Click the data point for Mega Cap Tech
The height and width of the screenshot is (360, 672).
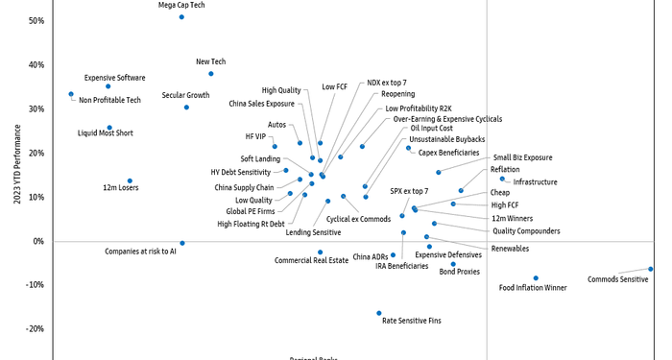click(x=181, y=17)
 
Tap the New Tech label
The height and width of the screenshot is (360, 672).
click(x=210, y=61)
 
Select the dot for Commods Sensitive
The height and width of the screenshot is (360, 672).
click(x=650, y=269)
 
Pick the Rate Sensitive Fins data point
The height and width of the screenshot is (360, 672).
click(x=379, y=313)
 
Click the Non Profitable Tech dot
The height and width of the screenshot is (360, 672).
click(x=71, y=94)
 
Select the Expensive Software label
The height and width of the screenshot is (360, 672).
click(x=114, y=77)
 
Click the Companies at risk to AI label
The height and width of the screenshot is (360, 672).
click(x=140, y=252)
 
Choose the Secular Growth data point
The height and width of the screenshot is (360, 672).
click(x=186, y=108)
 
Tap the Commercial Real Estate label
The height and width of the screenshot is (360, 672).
click(x=311, y=260)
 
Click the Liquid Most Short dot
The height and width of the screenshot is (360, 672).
click(x=109, y=128)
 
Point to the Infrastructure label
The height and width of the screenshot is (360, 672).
click(x=535, y=181)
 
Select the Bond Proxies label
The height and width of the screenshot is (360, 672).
click(x=459, y=272)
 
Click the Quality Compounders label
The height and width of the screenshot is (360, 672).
click(x=526, y=230)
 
